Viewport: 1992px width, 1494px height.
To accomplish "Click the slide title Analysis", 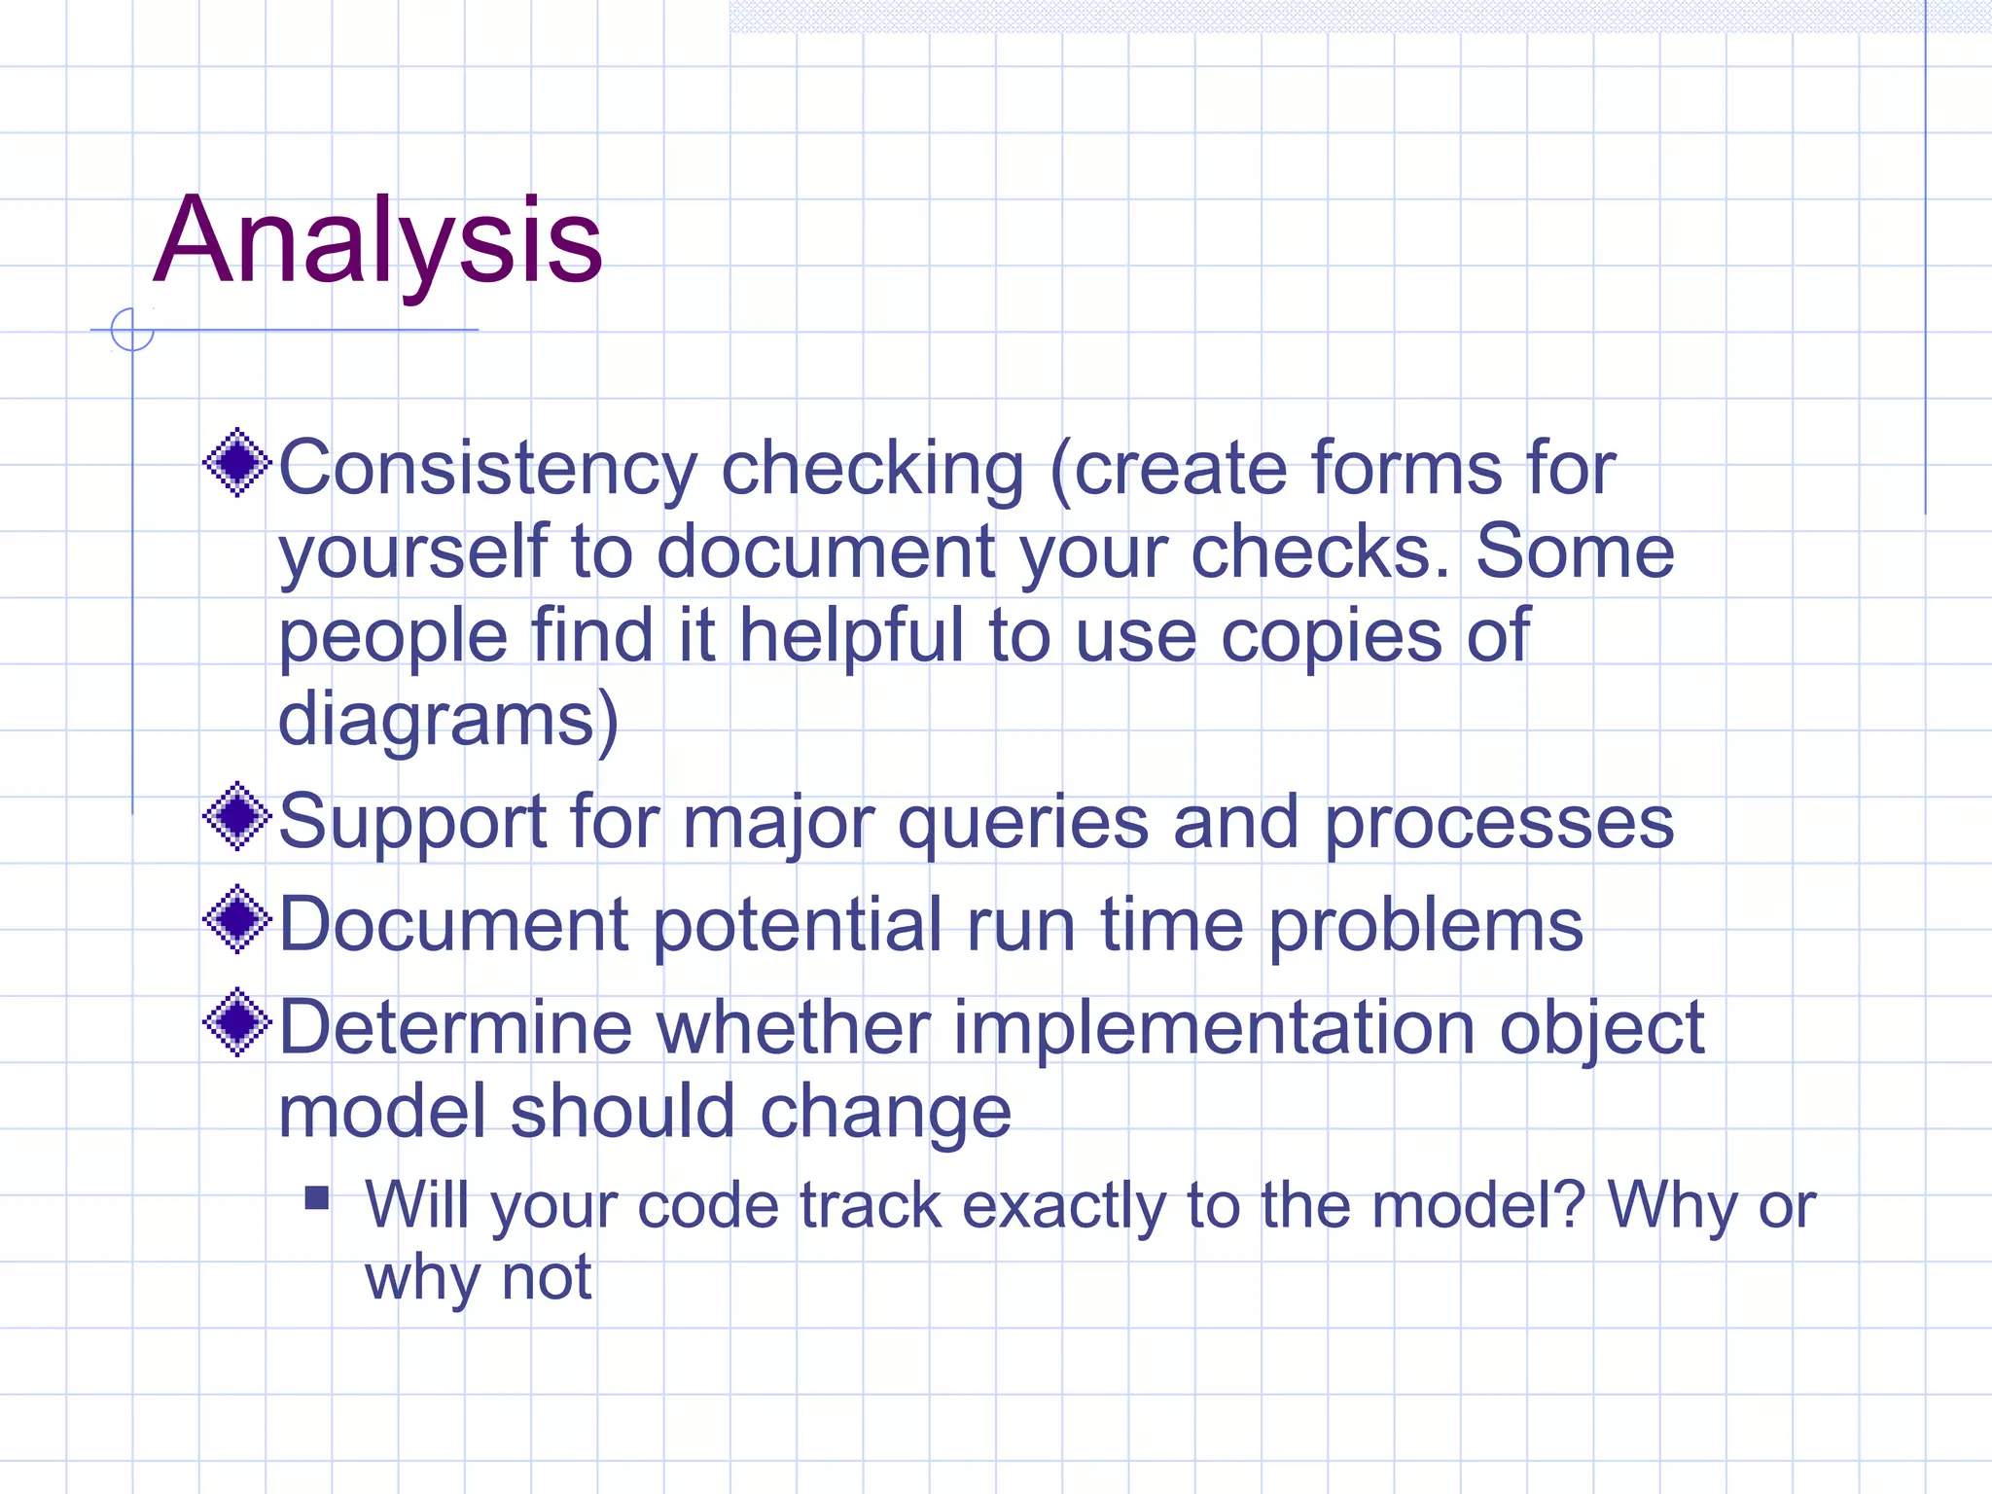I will [x=378, y=240].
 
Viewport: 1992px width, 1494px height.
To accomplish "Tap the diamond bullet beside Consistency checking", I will [x=236, y=463].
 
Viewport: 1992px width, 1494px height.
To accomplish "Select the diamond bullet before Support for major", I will [x=236, y=817].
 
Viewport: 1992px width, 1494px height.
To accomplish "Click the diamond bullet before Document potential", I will [x=236, y=919].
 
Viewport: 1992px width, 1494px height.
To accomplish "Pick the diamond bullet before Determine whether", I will [x=236, y=1022].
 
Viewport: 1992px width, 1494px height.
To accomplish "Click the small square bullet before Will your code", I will [x=317, y=1197].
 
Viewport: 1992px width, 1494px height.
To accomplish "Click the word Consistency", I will [x=487, y=470].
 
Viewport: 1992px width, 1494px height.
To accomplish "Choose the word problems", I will [x=1426, y=926].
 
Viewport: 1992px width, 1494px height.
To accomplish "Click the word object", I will [x=1601, y=1029].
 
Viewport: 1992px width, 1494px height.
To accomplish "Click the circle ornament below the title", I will [x=132, y=330].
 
